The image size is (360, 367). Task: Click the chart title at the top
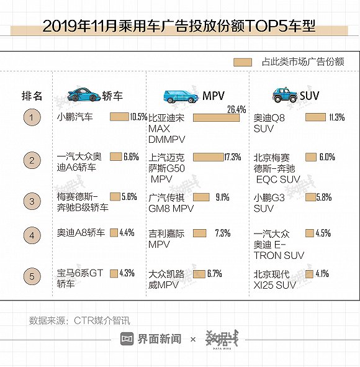tap(179, 27)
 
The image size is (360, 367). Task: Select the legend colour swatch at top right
tap(243, 62)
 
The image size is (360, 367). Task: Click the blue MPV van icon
tap(181, 96)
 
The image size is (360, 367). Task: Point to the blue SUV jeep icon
tap(284, 95)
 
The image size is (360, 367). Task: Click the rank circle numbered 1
tap(32, 117)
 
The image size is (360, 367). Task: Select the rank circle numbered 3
tap(32, 201)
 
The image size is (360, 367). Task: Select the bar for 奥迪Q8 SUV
tap(315, 117)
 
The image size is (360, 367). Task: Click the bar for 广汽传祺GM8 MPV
tap(201, 197)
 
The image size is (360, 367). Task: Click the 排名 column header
tap(32, 96)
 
